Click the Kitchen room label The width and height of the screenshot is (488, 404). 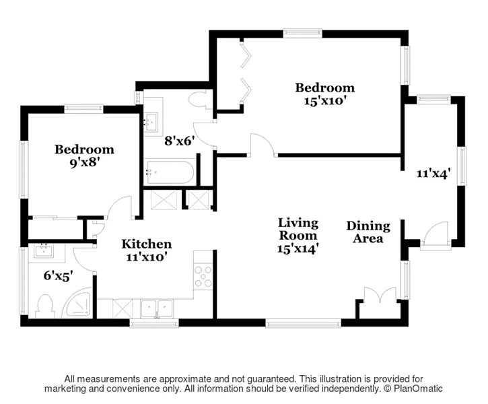146,244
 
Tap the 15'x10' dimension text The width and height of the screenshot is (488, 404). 325,101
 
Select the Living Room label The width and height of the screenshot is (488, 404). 298,229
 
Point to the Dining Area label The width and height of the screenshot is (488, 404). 368,232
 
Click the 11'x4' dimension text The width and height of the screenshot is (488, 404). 433,173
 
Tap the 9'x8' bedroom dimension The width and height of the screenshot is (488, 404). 84,162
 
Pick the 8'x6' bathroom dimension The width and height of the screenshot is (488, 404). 180,141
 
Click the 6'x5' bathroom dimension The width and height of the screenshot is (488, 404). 58,275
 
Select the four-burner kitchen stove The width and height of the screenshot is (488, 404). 203,276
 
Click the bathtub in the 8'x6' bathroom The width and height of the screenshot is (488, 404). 170,172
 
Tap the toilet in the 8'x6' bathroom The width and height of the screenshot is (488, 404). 199,99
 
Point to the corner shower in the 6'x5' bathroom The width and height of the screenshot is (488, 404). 77,304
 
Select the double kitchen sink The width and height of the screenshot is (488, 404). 157,308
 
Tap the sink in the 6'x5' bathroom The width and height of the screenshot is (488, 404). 44,250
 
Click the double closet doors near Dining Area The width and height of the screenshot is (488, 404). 380,295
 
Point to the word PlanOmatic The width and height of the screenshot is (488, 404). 418,389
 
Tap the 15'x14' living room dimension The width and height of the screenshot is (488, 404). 298,248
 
